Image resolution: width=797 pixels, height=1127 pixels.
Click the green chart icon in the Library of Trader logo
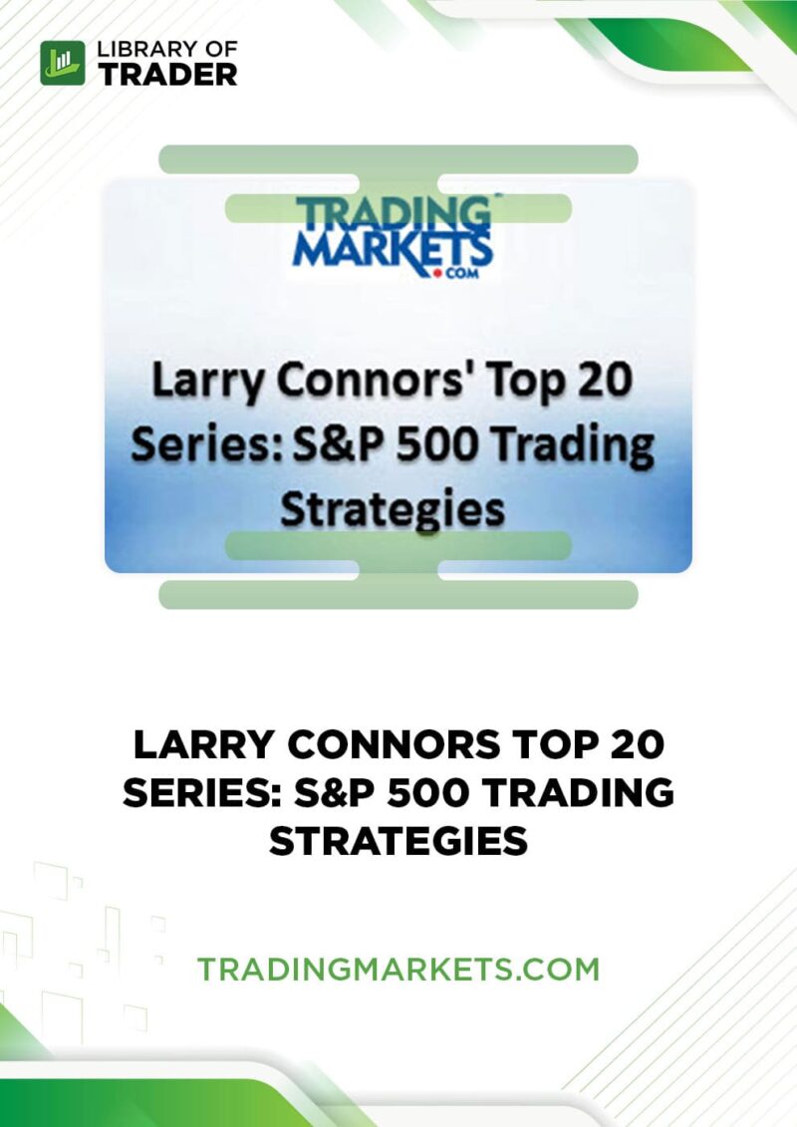(x=63, y=63)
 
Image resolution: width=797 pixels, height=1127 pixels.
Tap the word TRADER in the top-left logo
(x=168, y=74)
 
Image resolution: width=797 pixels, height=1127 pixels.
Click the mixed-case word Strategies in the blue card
(x=393, y=509)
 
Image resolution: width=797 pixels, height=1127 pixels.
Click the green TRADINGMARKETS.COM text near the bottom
(x=398, y=970)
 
